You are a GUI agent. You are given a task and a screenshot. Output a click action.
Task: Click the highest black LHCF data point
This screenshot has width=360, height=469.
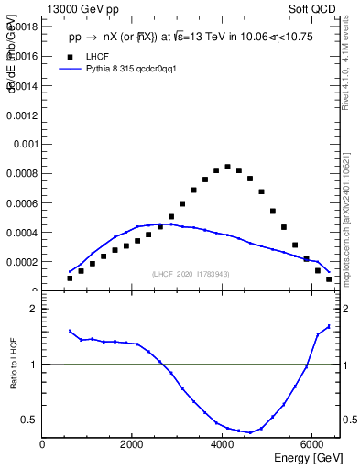coord(227,167)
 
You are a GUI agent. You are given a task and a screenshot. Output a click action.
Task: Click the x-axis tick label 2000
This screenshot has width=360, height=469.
coord(133,445)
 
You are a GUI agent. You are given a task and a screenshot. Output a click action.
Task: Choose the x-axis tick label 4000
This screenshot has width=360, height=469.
coord(223,445)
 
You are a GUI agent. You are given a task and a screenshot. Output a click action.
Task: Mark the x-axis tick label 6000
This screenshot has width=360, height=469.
coord(312,445)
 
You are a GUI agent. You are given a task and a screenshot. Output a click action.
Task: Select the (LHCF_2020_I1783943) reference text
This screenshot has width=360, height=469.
coord(191,274)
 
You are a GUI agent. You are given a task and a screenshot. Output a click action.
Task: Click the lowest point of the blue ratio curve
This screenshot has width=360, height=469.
coord(249,432)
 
